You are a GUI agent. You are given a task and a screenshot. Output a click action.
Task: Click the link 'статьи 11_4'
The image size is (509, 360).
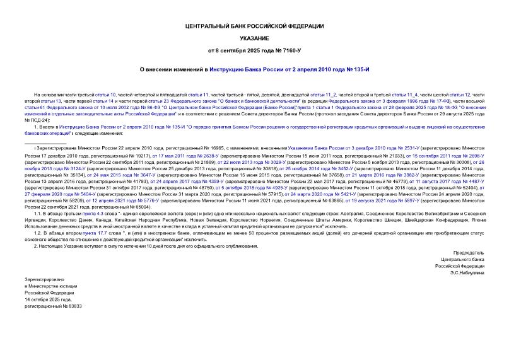pyautogui.click(x=404, y=93)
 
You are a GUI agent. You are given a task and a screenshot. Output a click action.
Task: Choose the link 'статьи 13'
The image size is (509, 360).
pyautogui.click(x=48, y=100)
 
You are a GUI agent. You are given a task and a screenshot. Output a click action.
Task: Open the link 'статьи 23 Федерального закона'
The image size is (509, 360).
pyautogui.click(x=161, y=100)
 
